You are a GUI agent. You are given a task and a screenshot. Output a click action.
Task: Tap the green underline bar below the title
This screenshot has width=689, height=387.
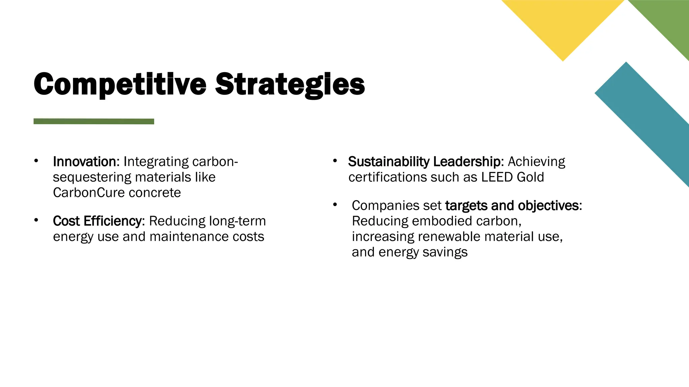pyautogui.click(x=94, y=121)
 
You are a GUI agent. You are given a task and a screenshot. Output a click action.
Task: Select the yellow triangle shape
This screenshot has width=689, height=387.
pyautogui.click(x=563, y=24)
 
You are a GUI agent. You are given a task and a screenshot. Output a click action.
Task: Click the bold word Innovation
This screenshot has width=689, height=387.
pyautogui.click(x=84, y=162)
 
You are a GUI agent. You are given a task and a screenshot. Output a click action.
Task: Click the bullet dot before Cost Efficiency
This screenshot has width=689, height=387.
pyautogui.click(x=36, y=220)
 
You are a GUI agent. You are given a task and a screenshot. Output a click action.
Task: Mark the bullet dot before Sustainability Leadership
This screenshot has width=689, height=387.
pyautogui.click(x=335, y=161)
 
